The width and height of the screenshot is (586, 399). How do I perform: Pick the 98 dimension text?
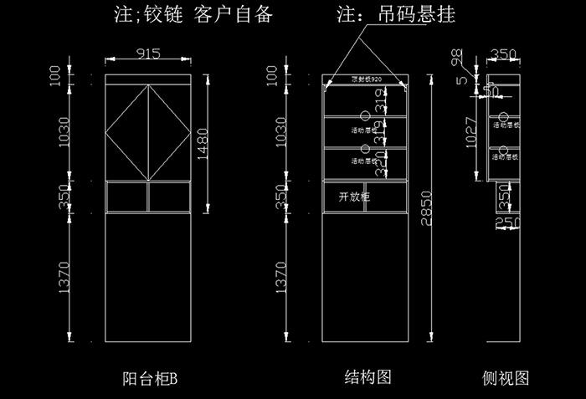[x=456, y=57]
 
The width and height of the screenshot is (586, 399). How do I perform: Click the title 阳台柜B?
[x=150, y=379]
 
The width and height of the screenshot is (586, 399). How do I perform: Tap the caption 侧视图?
[x=506, y=377]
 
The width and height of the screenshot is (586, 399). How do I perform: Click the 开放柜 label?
[x=353, y=197]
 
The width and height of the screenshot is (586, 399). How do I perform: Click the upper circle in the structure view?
[x=365, y=116]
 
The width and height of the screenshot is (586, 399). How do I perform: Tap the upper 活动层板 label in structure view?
[x=367, y=130]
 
